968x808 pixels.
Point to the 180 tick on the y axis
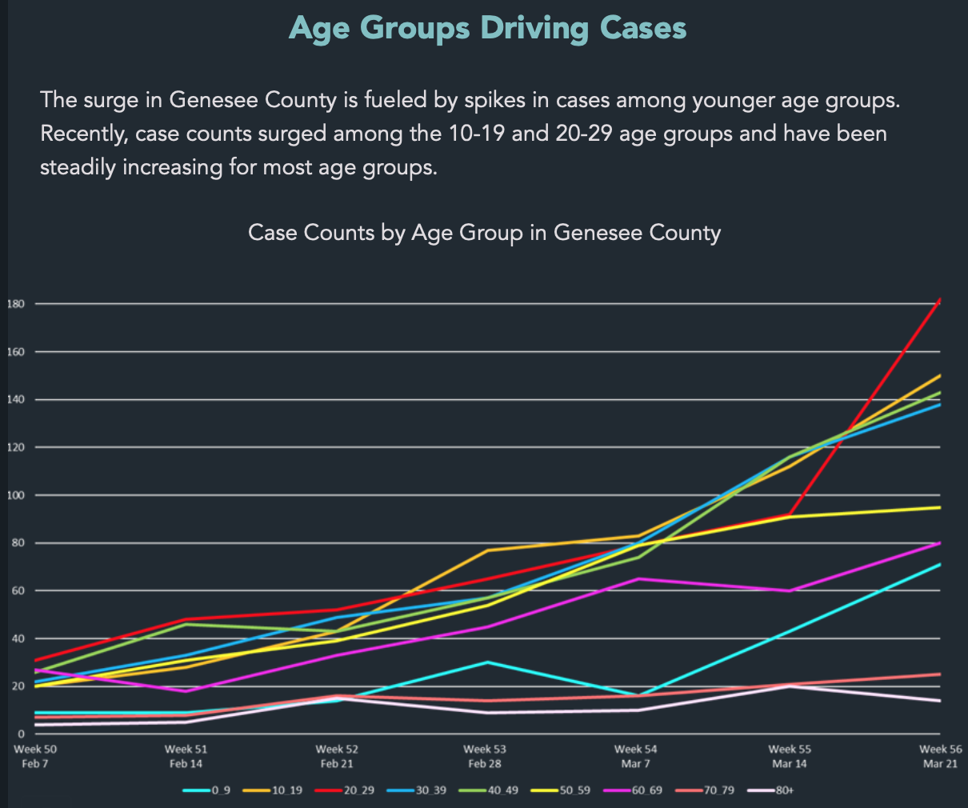15,304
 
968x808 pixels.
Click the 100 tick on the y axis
15,495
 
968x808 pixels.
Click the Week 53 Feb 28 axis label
485,756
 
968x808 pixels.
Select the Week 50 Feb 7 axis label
35,756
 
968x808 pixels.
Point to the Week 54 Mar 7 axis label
636,756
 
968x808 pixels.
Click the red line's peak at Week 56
940,299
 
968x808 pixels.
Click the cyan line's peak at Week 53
486,662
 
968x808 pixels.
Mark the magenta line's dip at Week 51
186,690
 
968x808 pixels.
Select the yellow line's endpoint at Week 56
940,507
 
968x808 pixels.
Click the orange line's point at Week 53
486,550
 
